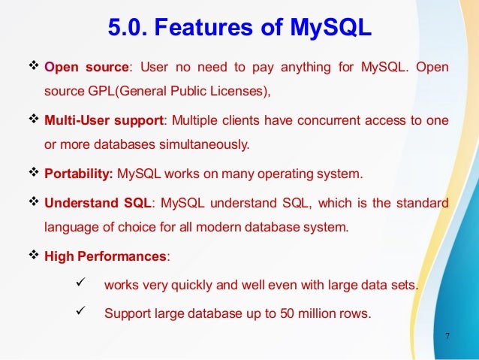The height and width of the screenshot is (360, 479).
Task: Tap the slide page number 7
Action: click(x=447, y=335)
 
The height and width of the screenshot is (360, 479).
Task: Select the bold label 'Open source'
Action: click(x=80, y=68)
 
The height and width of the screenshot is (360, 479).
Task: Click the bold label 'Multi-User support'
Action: click(x=101, y=121)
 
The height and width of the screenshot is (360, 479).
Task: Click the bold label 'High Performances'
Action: click(x=106, y=256)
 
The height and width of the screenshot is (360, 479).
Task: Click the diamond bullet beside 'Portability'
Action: click(x=34, y=174)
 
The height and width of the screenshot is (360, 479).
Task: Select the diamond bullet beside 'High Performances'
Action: click(x=34, y=256)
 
